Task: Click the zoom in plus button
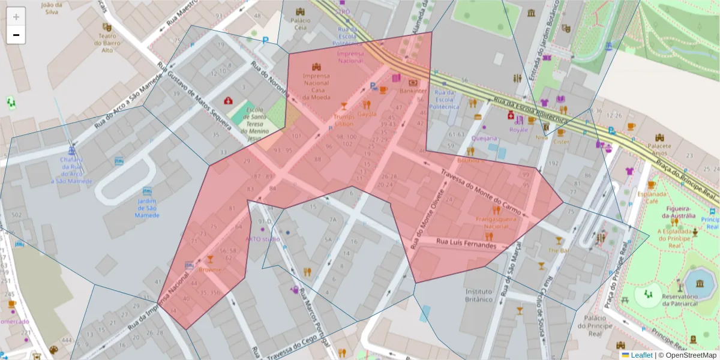click(16, 17)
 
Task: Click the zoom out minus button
click(16, 35)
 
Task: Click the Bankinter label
click(413, 91)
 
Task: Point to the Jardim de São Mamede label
click(147, 208)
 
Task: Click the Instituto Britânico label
click(479, 295)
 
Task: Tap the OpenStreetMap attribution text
click(688, 355)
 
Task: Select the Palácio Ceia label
click(300, 24)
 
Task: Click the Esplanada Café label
click(652, 198)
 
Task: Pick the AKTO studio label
click(263, 239)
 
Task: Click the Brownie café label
click(210, 270)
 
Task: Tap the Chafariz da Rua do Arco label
click(71, 170)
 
